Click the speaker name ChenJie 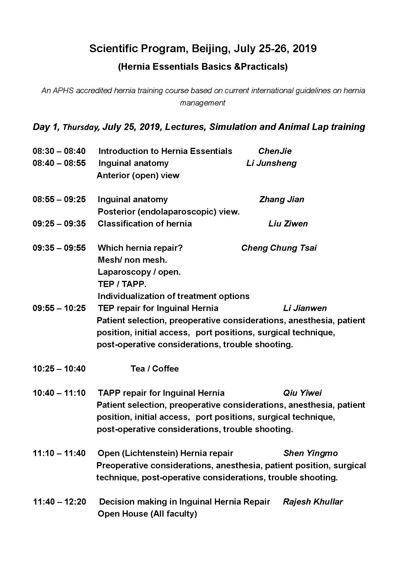click(275, 151)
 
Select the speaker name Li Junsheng click(271, 163)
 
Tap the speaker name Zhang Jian click(281, 199)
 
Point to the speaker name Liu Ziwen click(288, 224)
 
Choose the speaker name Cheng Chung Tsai click(279, 248)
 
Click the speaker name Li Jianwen click(305, 308)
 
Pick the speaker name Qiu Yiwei click(302, 393)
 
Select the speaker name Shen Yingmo click(310, 453)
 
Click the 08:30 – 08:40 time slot click(59, 151)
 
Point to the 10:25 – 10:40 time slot click(59, 369)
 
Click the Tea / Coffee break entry click(155, 369)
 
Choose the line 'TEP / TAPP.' click(122, 284)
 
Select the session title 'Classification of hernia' click(144, 224)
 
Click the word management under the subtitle click(202, 103)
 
